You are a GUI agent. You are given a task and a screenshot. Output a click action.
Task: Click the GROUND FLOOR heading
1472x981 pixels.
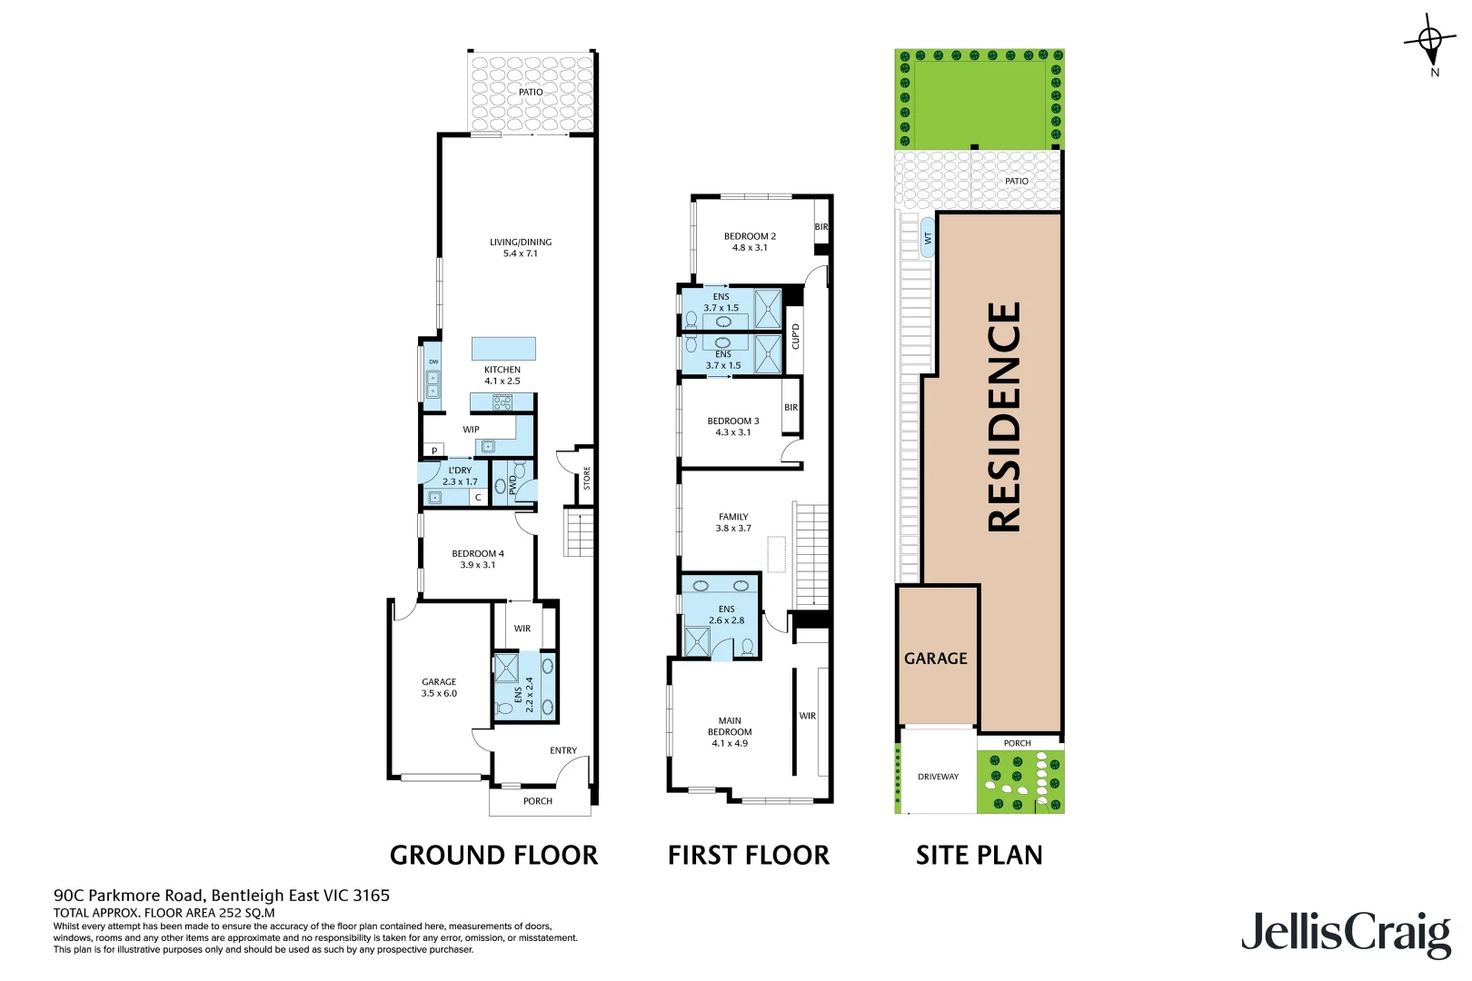(493, 855)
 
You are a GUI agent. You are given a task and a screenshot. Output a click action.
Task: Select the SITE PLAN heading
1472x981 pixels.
(979, 855)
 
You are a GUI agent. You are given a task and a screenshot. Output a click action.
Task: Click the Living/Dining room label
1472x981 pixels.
(521, 243)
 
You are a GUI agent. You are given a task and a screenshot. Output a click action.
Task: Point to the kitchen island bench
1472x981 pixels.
(503, 349)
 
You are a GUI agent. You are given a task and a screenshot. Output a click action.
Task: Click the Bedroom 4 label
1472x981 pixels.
(478, 553)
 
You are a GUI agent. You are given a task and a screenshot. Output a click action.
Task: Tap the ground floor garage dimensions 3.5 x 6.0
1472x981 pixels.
(439, 694)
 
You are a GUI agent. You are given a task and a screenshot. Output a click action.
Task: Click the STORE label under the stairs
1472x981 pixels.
(587, 478)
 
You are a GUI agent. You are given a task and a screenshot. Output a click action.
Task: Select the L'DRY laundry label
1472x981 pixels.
(460, 471)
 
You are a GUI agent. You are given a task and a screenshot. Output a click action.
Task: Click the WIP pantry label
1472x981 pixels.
(471, 430)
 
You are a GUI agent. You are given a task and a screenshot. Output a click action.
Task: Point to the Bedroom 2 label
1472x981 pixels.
(750, 236)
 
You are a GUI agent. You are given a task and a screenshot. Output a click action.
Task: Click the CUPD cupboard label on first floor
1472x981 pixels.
(796, 336)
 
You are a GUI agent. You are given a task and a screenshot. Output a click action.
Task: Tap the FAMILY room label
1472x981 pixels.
(733, 517)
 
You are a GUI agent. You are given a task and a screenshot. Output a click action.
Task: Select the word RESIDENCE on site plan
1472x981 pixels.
(1004, 417)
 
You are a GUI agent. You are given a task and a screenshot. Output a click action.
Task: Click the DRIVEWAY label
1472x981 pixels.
(938, 777)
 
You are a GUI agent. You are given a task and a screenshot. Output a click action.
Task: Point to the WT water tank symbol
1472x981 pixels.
(928, 238)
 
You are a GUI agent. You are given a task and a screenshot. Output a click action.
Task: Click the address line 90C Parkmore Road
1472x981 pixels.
(222, 896)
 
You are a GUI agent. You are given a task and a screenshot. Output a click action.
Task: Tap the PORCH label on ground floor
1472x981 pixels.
(537, 801)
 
